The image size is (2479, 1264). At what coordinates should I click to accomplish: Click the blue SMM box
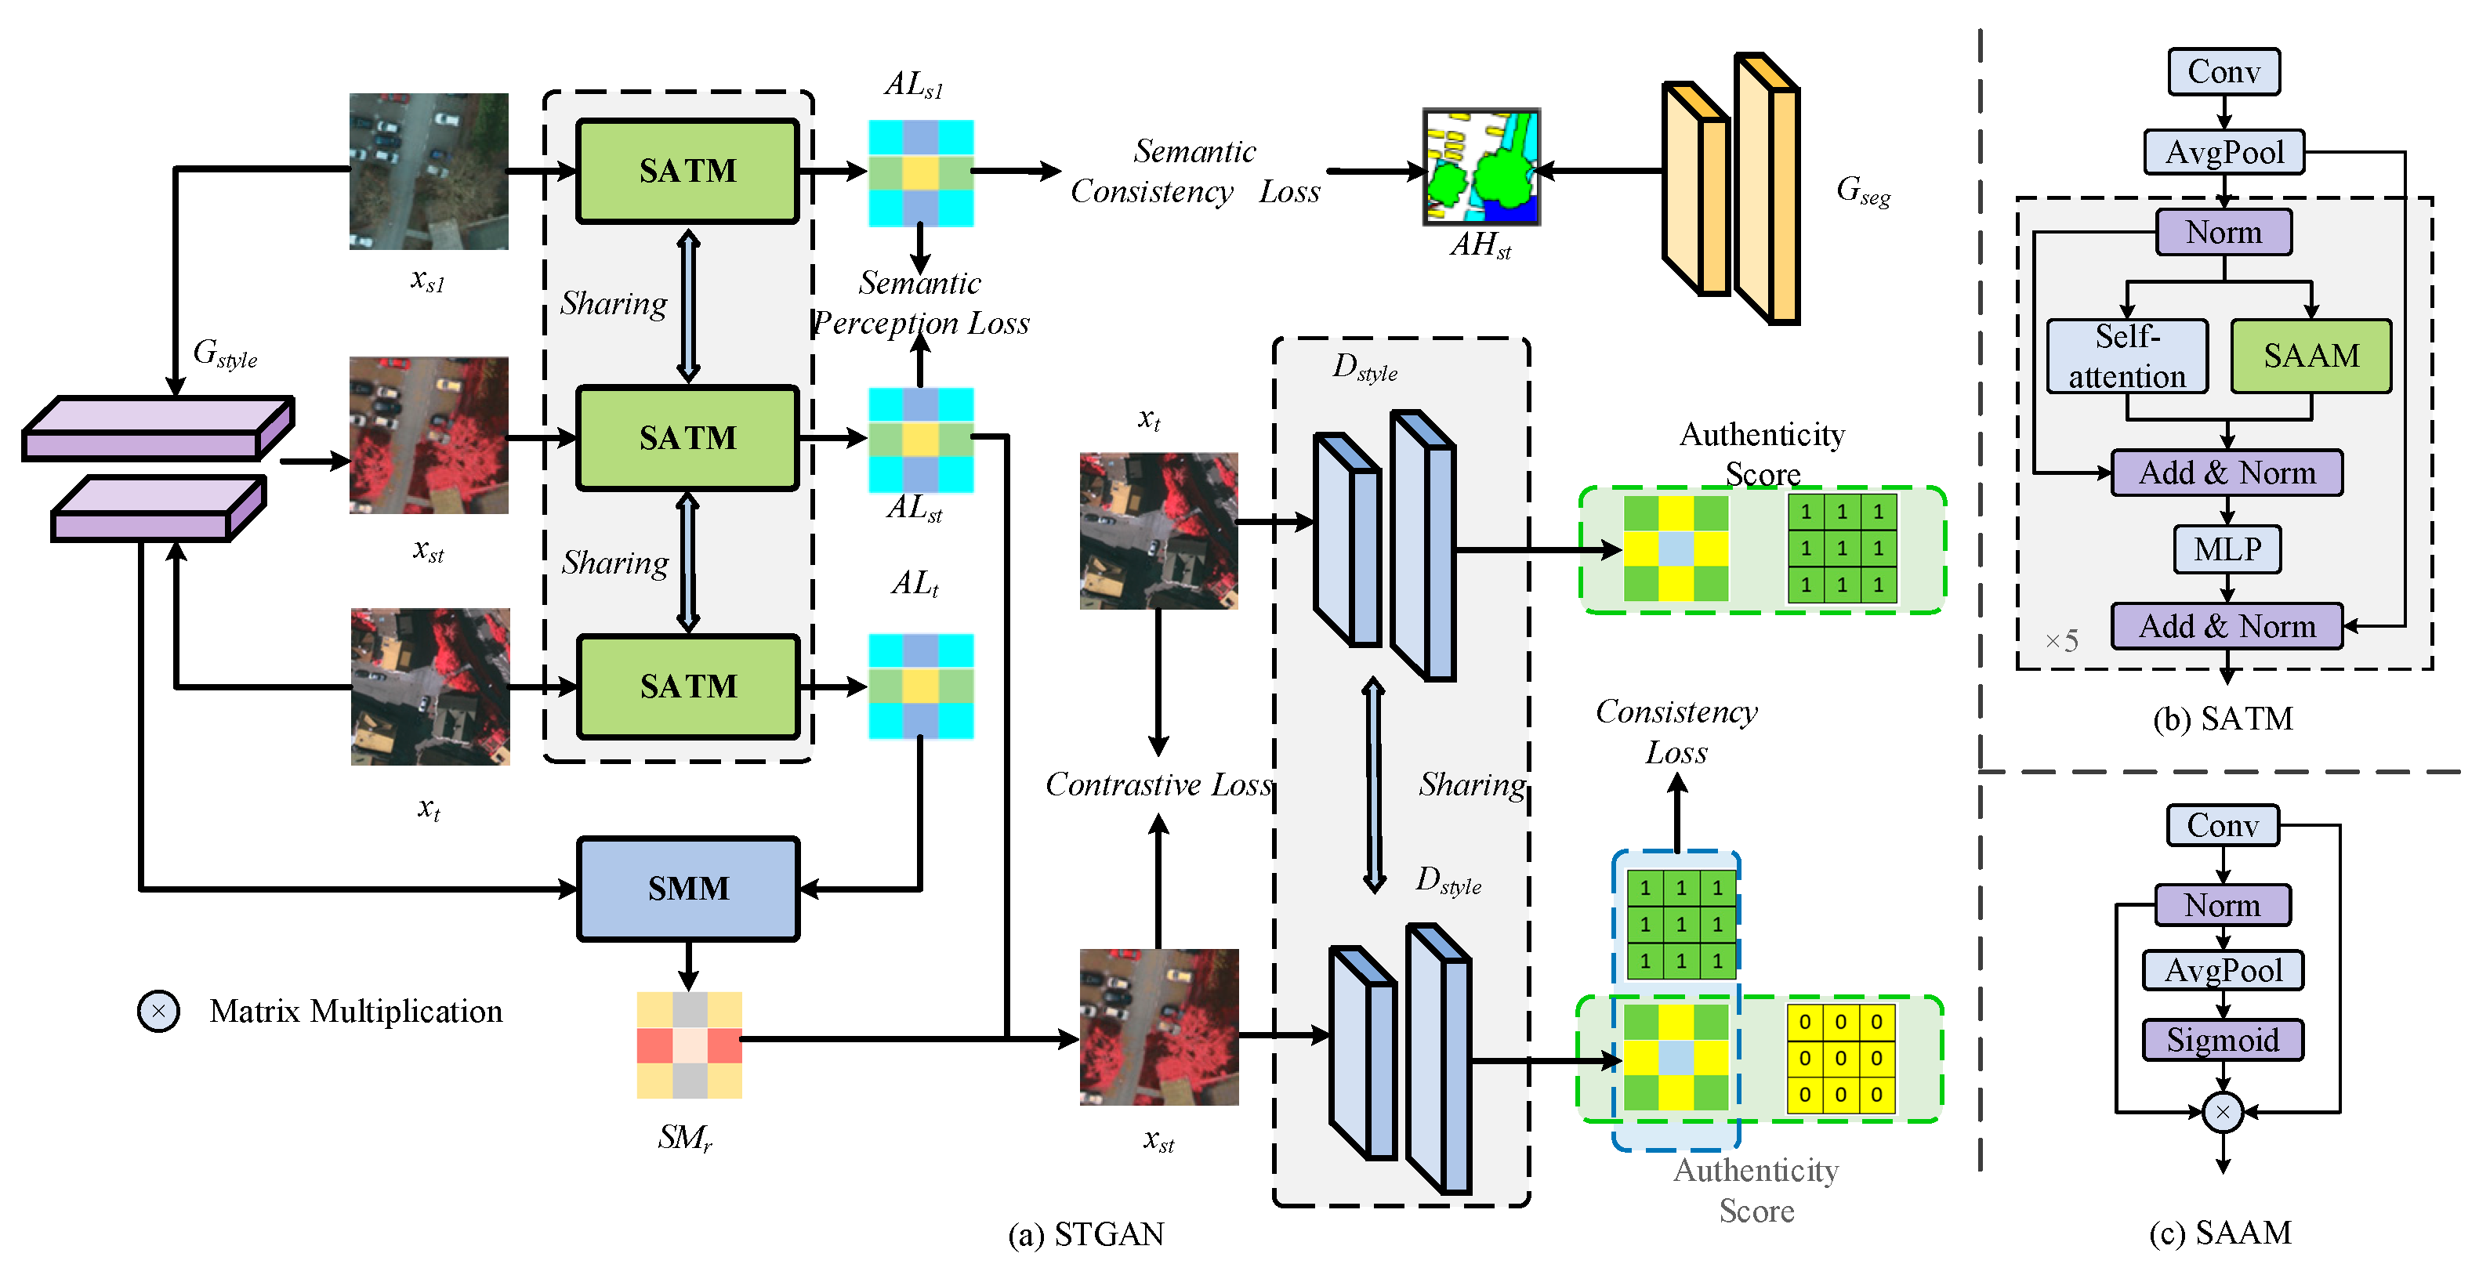[688, 888]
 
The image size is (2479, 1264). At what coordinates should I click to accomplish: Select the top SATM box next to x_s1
[688, 172]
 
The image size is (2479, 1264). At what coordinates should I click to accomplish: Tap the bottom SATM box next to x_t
[688, 686]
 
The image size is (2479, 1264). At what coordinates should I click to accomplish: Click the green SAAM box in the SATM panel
[2310, 356]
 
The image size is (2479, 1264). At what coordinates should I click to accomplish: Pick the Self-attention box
[2127, 356]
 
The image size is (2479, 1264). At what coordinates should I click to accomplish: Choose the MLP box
[2227, 549]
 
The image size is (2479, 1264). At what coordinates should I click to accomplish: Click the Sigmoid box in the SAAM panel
[2222, 1040]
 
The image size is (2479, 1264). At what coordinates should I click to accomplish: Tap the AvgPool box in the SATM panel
[2224, 152]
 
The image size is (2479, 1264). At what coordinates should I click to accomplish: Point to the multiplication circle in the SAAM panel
[2222, 1112]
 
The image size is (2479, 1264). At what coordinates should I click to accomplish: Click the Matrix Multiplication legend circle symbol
[159, 1011]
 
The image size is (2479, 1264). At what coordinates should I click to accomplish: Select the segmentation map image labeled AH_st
[1481, 168]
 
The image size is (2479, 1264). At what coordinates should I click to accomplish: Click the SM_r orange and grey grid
[689, 1045]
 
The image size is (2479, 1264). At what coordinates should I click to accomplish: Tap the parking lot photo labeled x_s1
[428, 172]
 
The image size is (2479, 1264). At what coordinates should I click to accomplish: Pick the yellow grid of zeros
[1840, 1058]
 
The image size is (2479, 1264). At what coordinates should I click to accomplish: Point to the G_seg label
[1863, 190]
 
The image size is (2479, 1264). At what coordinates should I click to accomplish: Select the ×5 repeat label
[2061, 641]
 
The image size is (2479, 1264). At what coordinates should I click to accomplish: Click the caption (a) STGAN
[1085, 1234]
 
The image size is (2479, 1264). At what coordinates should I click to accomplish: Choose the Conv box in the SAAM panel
[2222, 825]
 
